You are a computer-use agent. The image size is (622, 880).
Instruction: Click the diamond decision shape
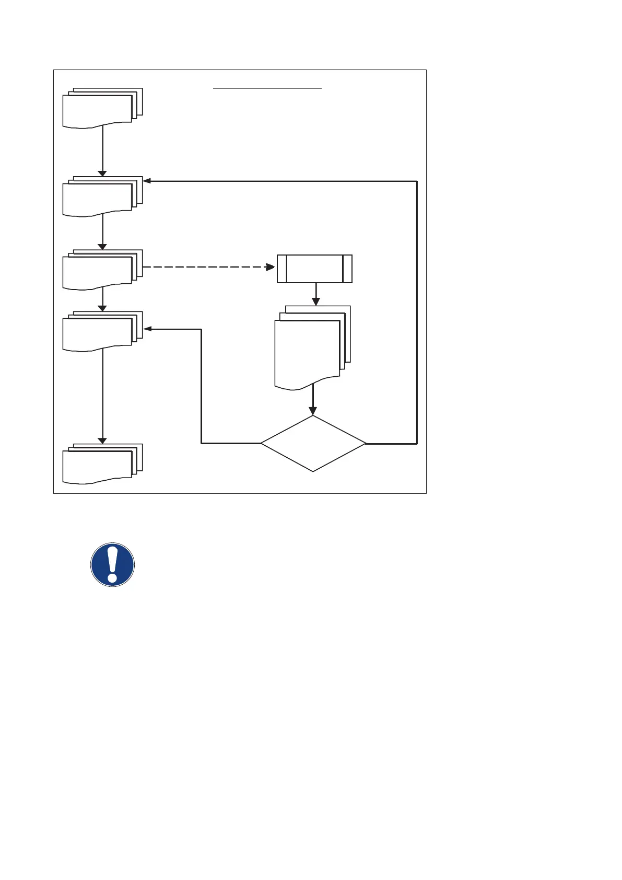click(313, 443)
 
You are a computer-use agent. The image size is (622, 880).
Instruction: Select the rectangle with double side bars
click(314, 269)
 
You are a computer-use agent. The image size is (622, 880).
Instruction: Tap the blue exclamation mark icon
click(112, 564)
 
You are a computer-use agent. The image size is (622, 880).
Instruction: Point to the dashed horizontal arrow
click(209, 267)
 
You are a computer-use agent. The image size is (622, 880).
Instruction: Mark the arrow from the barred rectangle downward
click(315, 294)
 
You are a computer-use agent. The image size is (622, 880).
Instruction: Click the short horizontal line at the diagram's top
click(267, 89)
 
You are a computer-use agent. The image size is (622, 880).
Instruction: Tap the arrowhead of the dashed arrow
click(271, 267)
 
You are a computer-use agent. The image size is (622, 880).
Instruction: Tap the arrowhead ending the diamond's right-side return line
click(147, 181)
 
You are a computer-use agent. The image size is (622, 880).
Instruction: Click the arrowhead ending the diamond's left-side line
click(147, 329)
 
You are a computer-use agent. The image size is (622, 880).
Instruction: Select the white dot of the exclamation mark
click(112, 578)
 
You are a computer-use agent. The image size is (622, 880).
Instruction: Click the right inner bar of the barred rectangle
click(343, 269)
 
